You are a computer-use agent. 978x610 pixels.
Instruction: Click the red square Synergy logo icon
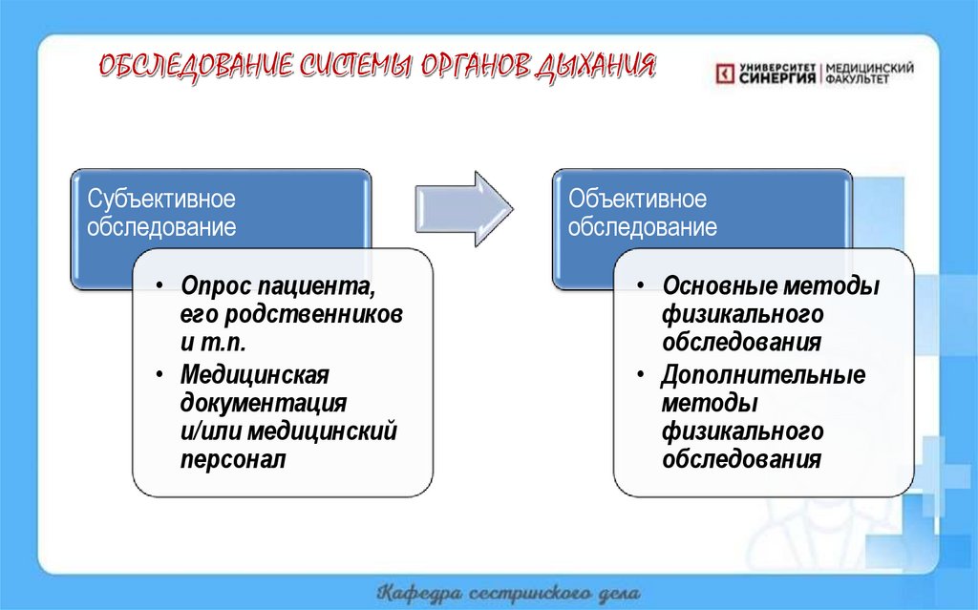725,74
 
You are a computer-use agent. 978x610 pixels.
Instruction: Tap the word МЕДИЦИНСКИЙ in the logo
869,69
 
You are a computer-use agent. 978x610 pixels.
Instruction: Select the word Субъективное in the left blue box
161,200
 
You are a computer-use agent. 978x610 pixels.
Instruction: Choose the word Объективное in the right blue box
638,200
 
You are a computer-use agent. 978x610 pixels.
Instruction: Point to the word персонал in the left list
232,459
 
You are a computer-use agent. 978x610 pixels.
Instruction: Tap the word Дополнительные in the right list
763,374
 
